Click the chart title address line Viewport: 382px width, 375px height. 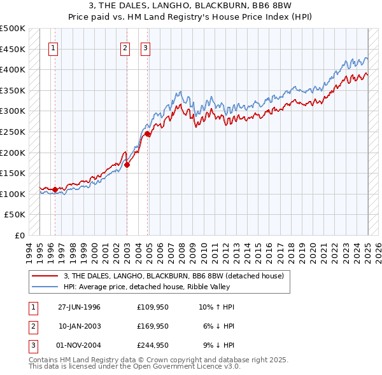tap(190, 6)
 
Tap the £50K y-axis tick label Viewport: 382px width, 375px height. tap(16, 215)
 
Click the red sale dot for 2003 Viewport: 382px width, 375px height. tap(127, 165)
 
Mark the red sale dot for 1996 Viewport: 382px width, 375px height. tap(55, 189)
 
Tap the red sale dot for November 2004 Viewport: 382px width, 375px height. tap(147, 133)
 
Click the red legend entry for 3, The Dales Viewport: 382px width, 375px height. tap(177, 275)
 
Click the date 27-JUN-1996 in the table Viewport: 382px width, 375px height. tap(79, 307)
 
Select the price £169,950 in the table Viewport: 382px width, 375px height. tap(153, 326)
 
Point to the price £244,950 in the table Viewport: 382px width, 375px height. tap(153, 345)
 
